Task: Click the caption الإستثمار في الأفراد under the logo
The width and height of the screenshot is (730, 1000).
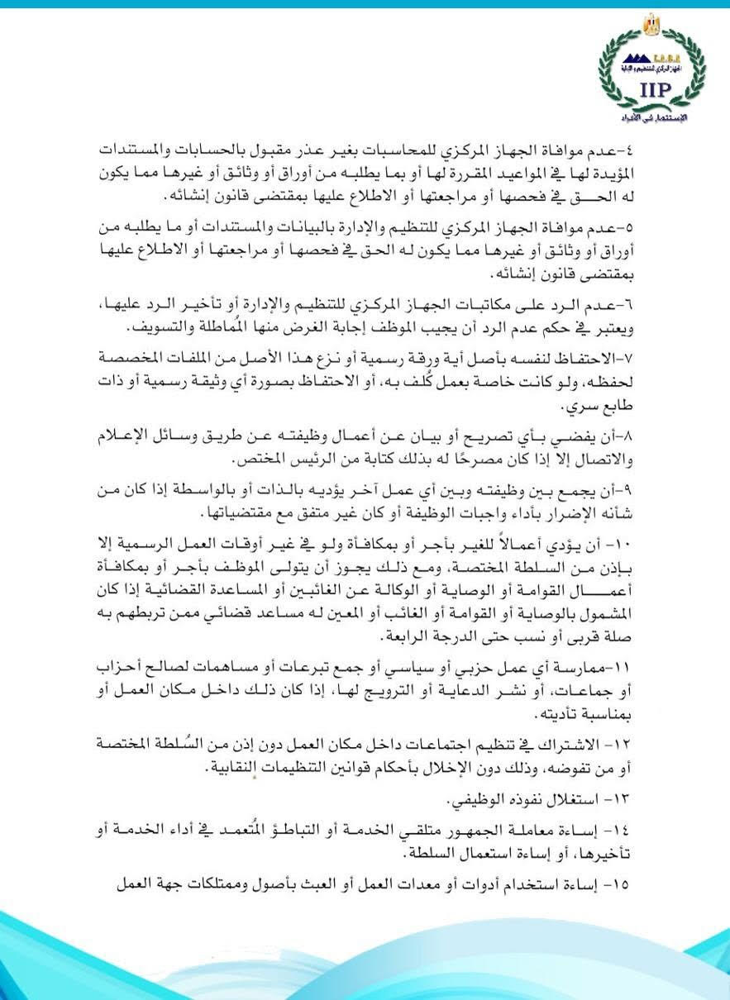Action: click(x=653, y=121)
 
